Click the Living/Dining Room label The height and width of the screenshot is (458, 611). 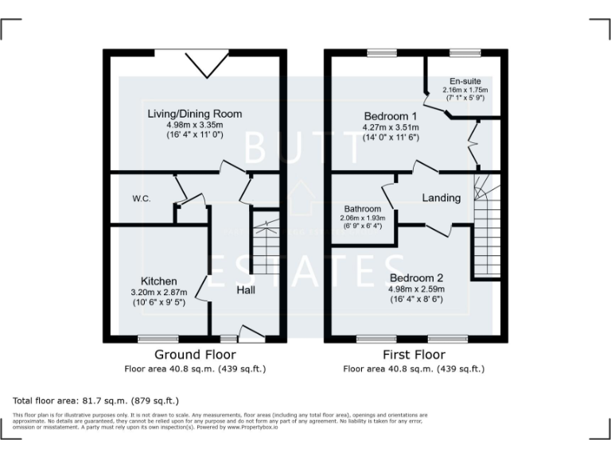click(194, 114)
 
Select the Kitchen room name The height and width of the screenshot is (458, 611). click(158, 281)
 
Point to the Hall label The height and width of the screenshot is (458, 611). click(246, 291)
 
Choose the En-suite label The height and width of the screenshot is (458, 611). click(465, 81)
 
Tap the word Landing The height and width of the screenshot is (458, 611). click(442, 197)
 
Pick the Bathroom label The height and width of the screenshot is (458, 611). click(363, 209)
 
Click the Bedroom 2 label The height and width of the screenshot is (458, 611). click(416, 278)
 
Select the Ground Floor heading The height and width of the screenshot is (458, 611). click(195, 355)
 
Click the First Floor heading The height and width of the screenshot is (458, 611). click(414, 355)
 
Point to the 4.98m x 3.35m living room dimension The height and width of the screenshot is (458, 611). click(194, 125)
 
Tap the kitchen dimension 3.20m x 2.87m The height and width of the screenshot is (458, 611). click(158, 292)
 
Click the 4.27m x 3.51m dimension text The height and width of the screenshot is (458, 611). click(391, 126)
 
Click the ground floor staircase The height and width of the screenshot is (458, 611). click(263, 239)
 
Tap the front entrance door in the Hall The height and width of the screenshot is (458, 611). click(251, 335)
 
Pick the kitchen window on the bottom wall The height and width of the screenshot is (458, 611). click(158, 339)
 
